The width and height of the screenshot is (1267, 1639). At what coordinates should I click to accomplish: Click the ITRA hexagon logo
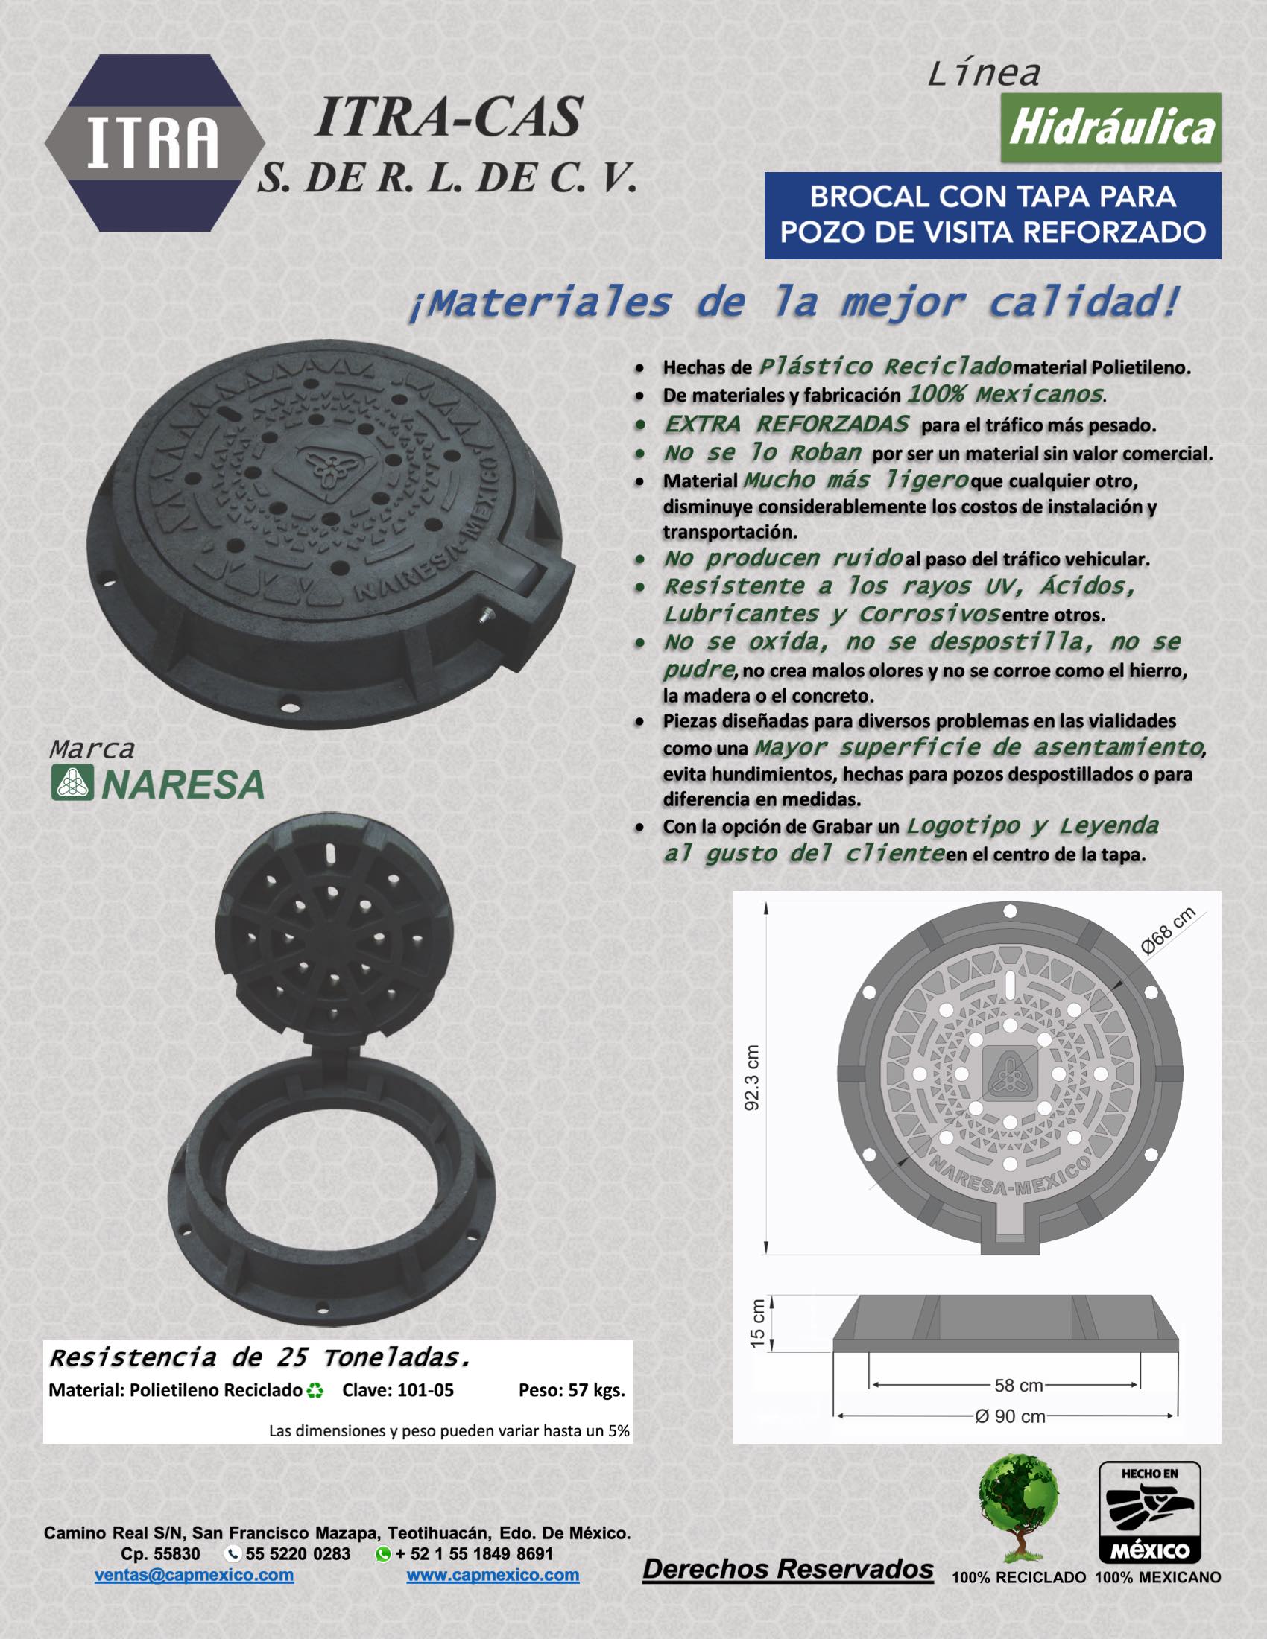click(155, 145)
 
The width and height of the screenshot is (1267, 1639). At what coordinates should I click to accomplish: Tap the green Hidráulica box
click(1111, 127)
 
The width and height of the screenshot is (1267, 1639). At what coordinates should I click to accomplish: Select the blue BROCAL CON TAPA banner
click(993, 215)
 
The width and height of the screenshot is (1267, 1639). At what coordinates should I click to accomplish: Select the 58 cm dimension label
click(1019, 1385)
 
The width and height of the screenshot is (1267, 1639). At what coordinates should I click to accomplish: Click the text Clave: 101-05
click(398, 1390)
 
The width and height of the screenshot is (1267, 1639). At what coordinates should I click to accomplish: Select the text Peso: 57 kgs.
click(572, 1390)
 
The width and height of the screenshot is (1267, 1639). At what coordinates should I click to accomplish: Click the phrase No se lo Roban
click(762, 453)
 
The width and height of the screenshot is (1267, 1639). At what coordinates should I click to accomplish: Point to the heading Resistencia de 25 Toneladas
click(259, 1357)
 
